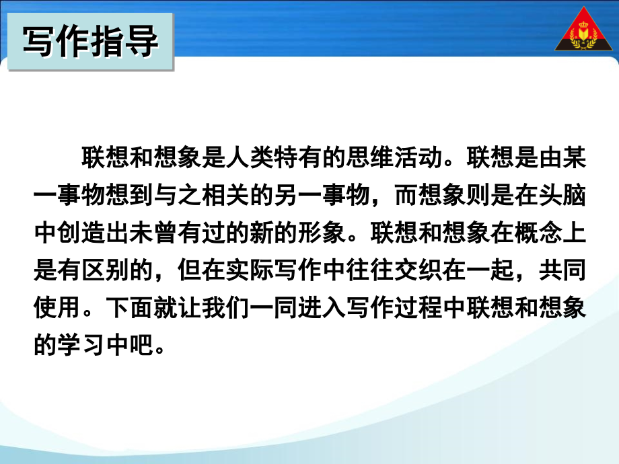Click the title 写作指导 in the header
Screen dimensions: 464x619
90,41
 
